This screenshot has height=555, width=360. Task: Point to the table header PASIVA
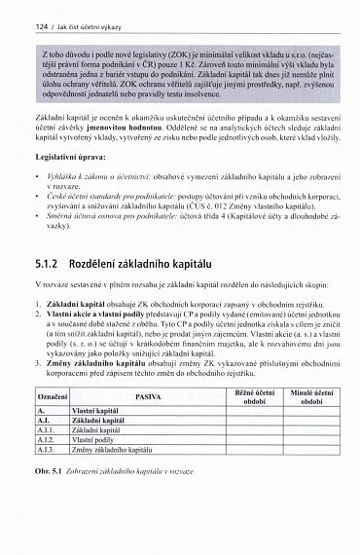click(148, 399)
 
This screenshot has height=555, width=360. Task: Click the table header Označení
click(51, 399)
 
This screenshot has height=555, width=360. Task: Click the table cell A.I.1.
click(48, 429)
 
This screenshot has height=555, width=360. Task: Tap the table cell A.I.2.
click(48, 441)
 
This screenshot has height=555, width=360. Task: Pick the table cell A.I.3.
click(48, 452)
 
